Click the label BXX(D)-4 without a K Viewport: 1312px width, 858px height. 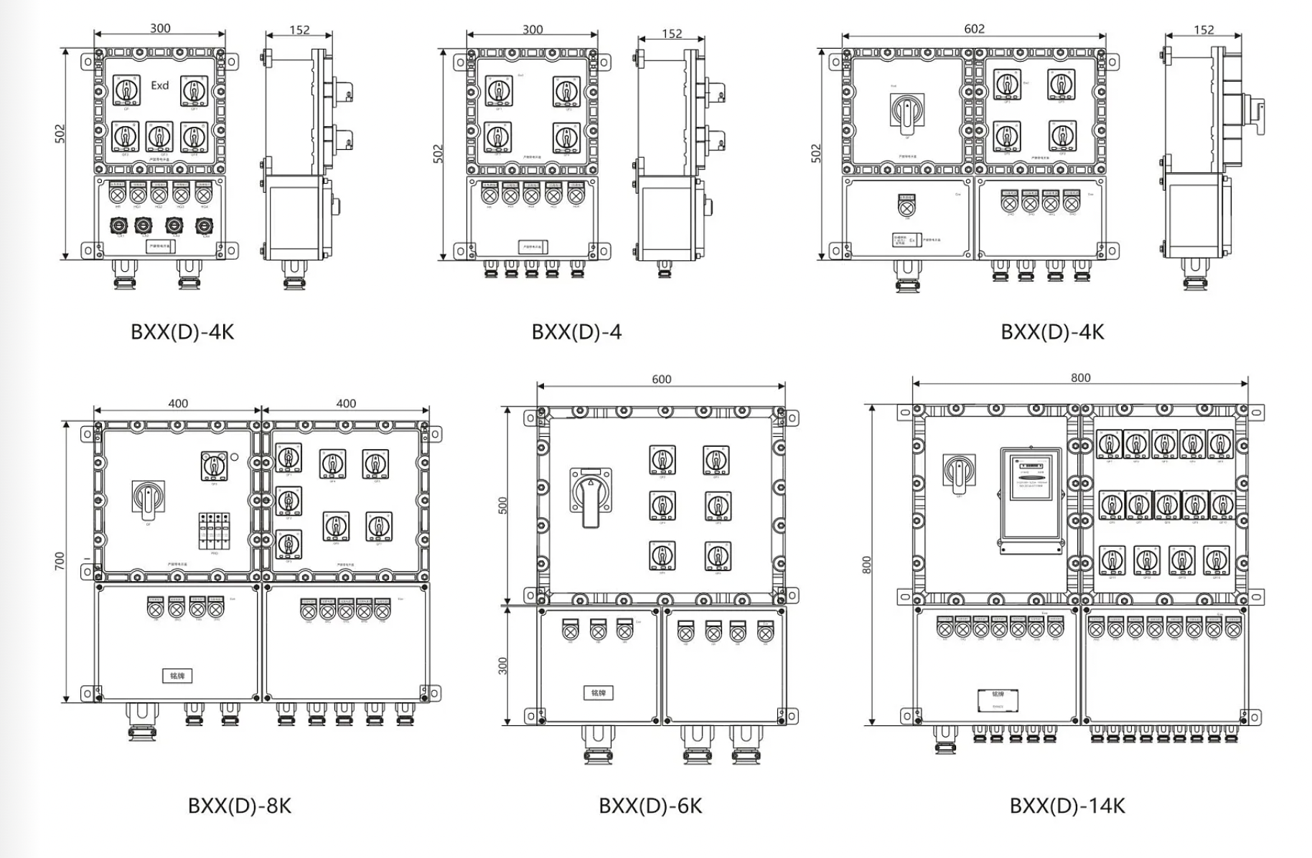[576, 332]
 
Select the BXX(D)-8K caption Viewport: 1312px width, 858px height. [240, 806]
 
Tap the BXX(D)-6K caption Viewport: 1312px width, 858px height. [650, 806]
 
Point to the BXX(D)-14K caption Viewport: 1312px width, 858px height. [1067, 806]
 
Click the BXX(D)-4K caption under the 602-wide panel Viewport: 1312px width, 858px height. [1052, 332]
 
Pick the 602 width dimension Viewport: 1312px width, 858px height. [974, 29]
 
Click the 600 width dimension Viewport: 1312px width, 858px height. [661, 379]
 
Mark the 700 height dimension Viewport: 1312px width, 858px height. [60, 561]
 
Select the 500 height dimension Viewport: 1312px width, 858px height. [502, 506]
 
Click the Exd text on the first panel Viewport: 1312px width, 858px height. [159, 85]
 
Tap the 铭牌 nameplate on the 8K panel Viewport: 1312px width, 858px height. [177, 676]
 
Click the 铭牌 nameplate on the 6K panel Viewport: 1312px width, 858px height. [598, 693]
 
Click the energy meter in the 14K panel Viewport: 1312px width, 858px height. [1031, 501]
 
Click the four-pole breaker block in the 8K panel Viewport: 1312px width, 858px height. [214, 531]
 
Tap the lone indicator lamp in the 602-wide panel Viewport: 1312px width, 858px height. [907, 206]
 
